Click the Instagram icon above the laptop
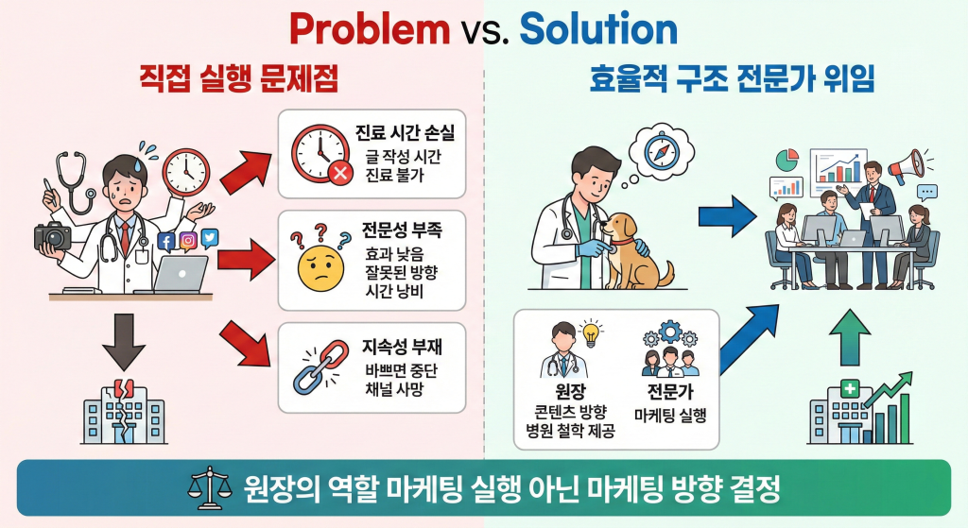(188, 240)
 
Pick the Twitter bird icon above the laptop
(210, 239)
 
